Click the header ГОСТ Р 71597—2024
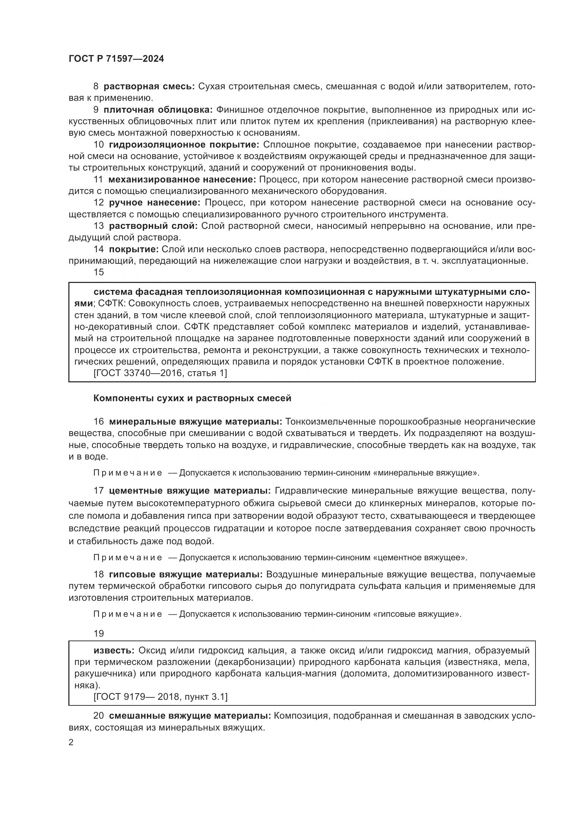116,59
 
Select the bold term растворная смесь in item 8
149,87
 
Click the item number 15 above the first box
98,272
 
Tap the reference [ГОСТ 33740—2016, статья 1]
160,373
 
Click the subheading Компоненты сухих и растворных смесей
192,398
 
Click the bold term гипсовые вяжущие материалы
186,575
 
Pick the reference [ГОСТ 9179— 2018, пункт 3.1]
160,697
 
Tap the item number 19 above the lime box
98,634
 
